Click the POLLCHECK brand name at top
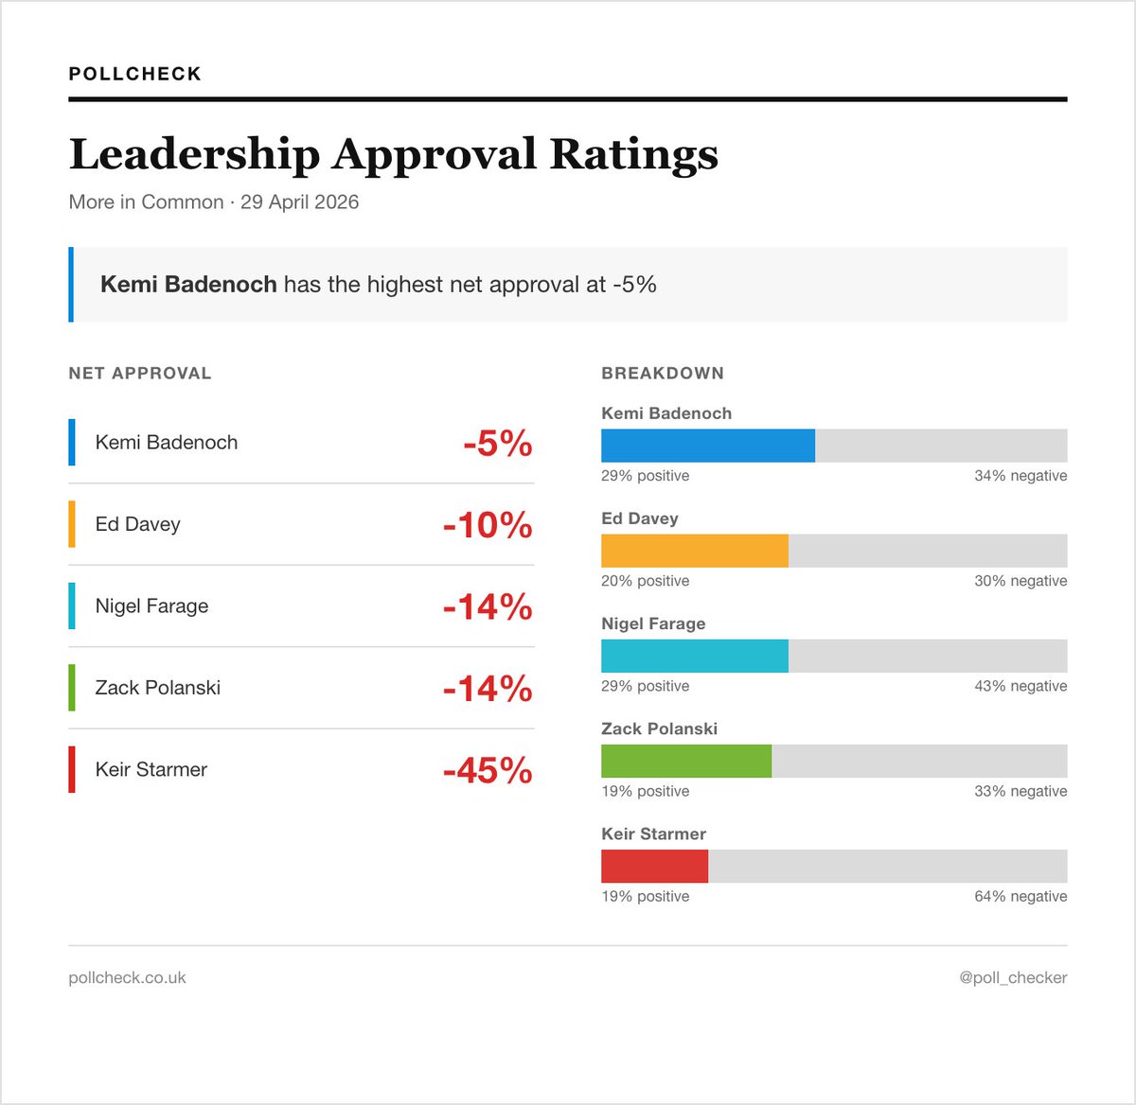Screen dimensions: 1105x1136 [135, 74]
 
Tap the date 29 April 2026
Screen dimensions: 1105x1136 [299, 202]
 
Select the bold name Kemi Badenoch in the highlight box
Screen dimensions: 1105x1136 [188, 285]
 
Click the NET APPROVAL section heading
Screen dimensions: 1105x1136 [140, 373]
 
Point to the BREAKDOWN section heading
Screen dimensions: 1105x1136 [663, 373]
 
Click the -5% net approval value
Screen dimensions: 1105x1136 [498, 443]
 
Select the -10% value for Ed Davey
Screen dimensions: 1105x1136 [488, 525]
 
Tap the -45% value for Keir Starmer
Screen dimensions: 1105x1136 [488, 770]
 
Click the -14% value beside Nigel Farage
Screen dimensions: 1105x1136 [488, 606]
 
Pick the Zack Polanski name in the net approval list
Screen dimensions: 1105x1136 [158, 688]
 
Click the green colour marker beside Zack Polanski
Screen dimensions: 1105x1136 [72, 688]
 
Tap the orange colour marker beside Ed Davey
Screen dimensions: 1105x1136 [72, 524]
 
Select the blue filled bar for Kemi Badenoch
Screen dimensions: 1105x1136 [708, 446]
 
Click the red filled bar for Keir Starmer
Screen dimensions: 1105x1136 [654, 866]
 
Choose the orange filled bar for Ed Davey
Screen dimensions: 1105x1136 [695, 551]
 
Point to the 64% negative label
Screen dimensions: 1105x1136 [1021, 896]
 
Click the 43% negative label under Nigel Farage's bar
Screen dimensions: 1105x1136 [1021, 686]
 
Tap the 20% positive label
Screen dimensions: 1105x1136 [645, 581]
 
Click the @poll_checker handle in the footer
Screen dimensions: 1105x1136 [1013, 977]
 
